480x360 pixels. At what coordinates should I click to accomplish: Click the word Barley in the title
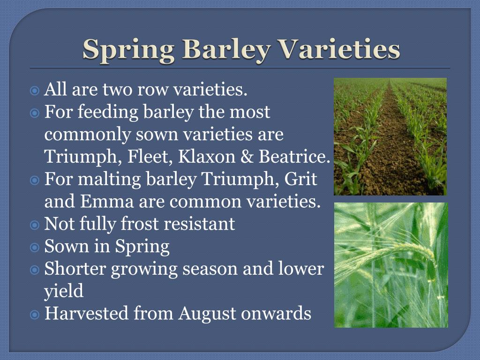click(227, 50)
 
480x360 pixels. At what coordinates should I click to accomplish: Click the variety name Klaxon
click(207, 156)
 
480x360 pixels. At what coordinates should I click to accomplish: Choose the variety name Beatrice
click(294, 156)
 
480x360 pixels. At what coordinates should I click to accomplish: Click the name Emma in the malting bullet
click(107, 201)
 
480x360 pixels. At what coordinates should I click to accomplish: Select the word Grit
click(300, 179)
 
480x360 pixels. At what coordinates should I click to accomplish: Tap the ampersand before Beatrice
click(247, 156)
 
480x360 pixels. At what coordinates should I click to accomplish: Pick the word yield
click(64, 291)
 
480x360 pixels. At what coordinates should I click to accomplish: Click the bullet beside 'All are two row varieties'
click(35, 90)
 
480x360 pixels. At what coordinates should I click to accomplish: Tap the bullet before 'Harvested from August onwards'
click(35, 315)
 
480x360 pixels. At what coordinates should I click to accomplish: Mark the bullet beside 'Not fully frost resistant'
click(35, 225)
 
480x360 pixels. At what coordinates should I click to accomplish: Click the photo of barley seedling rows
click(390, 136)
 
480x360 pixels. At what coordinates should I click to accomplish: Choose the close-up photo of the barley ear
click(391, 265)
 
